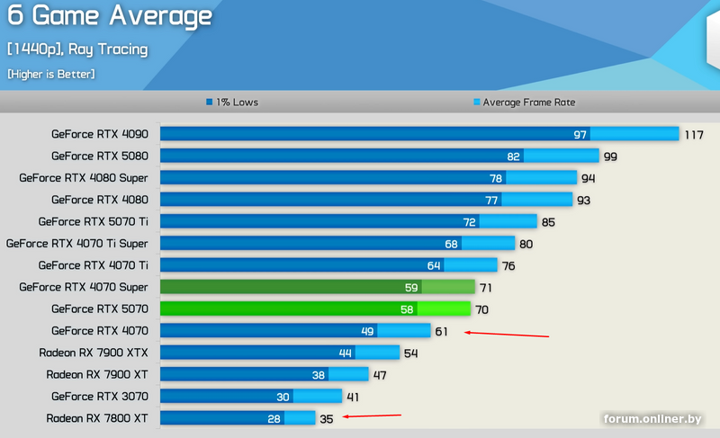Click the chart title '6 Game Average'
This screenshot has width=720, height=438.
click(x=110, y=16)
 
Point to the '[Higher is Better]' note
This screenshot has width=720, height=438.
click(x=50, y=74)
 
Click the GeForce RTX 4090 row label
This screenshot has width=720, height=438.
click(x=99, y=134)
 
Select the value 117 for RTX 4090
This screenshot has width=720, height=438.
click(x=694, y=135)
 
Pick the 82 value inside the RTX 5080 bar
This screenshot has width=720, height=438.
click(x=514, y=156)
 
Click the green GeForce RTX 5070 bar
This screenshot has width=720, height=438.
click(x=315, y=308)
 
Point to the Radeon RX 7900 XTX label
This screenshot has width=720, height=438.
click(x=94, y=353)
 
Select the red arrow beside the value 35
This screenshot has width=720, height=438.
click(x=372, y=416)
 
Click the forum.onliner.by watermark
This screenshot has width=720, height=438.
click(x=652, y=419)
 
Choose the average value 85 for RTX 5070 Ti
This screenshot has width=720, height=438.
click(x=548, y=221)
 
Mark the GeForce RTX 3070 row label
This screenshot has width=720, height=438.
click(x=99, y=396)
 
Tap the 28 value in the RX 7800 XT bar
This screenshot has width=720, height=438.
click(x=274, y=418)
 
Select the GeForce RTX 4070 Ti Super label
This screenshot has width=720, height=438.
click(x=77, y=243)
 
